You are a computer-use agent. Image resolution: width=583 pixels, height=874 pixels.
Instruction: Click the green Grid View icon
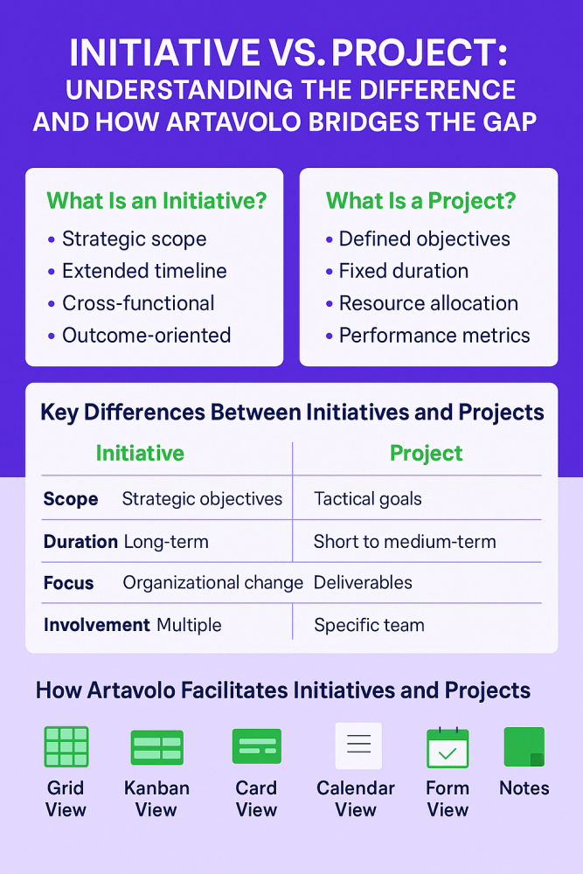click(66, 746)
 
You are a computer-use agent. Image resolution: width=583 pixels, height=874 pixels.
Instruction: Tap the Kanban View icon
click(156, 747)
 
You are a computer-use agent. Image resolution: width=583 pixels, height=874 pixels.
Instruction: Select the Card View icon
click(256, 746)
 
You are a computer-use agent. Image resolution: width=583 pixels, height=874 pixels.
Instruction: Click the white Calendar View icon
click(358, 746)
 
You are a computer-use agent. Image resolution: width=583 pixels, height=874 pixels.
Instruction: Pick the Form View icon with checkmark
click(448, 747)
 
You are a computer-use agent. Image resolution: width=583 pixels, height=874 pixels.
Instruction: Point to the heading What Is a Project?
click(421, 200)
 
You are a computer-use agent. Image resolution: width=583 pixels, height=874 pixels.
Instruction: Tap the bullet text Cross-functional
click(138, 303)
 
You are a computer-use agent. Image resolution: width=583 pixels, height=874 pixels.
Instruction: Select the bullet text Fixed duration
click(404, 271)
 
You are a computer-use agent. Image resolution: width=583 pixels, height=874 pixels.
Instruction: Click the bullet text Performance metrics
click(434, 336)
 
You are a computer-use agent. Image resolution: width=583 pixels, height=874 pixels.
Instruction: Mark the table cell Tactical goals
click(368, 499)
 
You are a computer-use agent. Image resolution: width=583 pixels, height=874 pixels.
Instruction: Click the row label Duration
click(80, 542)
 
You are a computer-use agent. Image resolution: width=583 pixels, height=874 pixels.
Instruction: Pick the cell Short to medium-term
click(405, 542)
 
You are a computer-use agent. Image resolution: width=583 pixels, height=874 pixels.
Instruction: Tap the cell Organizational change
click(212, 583)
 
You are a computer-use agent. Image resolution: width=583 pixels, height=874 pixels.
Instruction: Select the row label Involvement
click(96, 625)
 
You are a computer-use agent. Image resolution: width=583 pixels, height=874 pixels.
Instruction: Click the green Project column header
click(426, 453)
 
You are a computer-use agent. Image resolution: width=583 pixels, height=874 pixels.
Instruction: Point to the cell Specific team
click(369, 625)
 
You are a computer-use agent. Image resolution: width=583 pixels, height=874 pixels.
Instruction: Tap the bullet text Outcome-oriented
click(146, 336)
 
